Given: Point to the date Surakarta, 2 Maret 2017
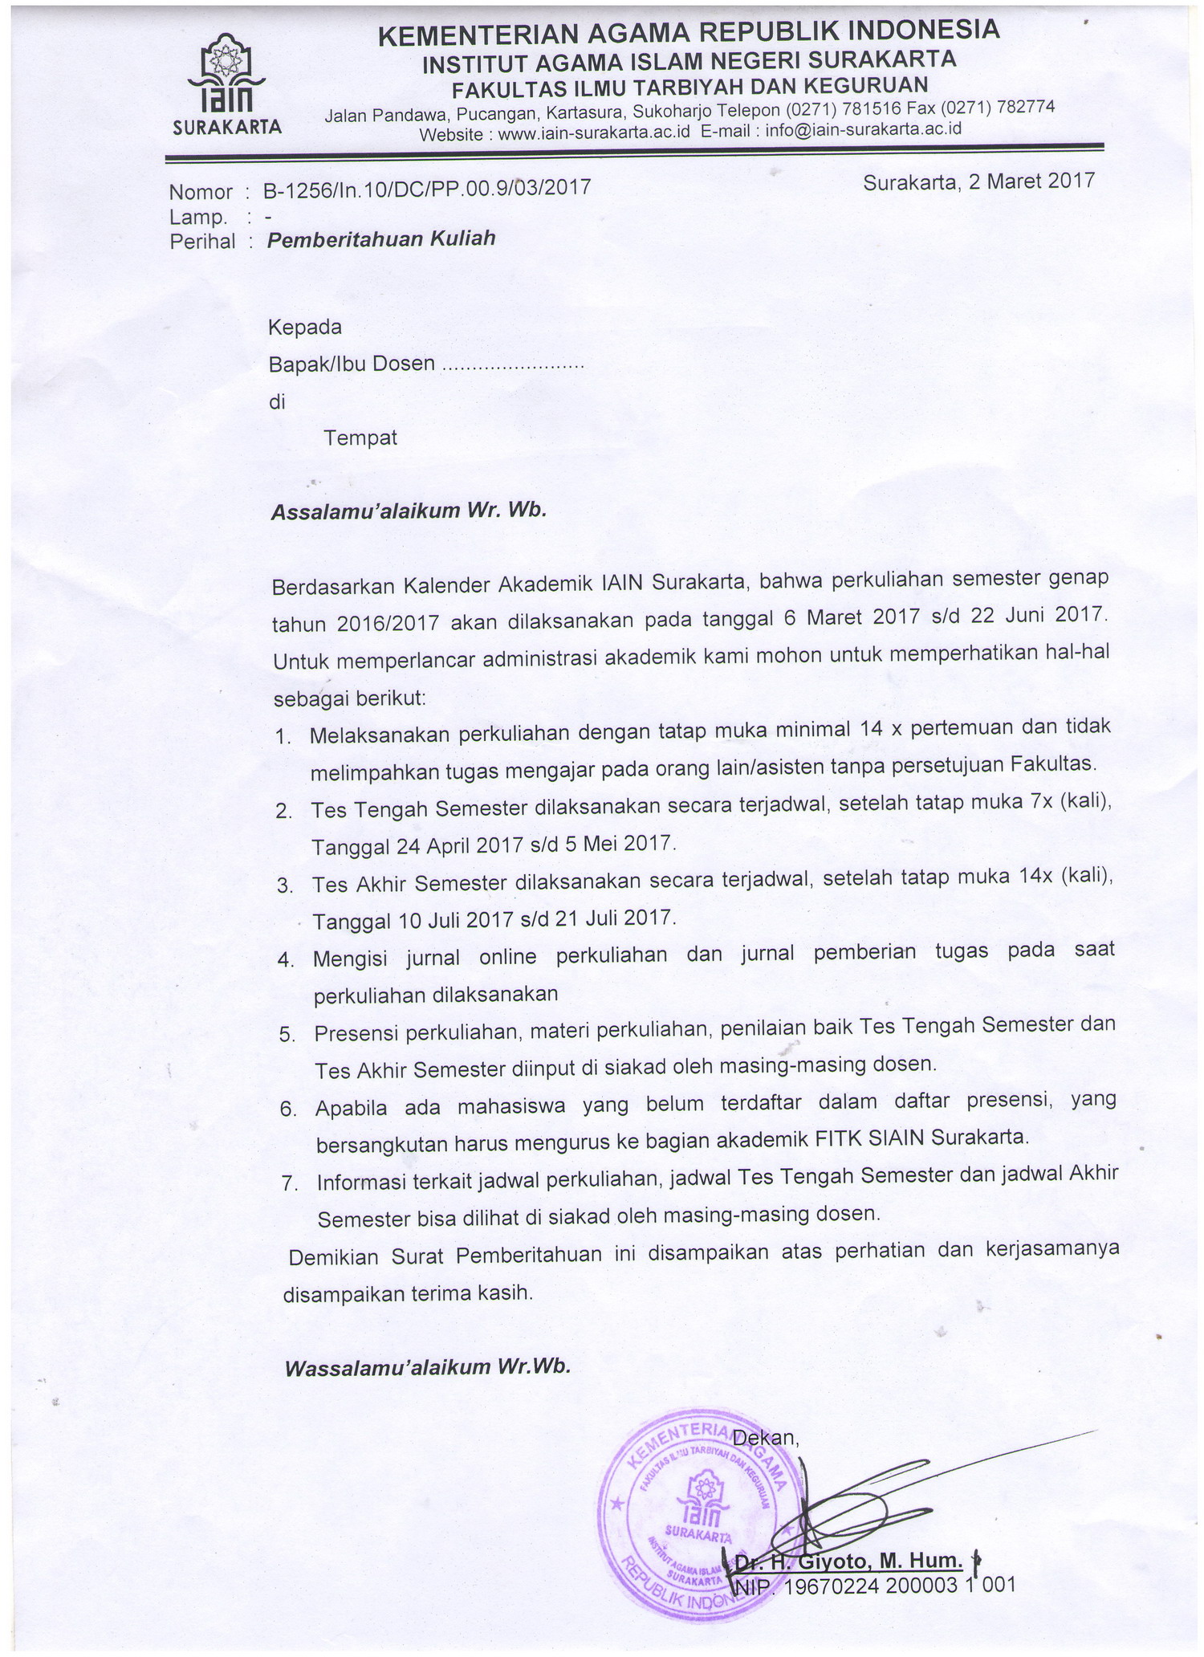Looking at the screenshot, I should pos(978,181).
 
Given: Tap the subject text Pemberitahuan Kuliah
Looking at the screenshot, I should pos(381,238).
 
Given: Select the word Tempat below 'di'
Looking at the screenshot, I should pos(360,438).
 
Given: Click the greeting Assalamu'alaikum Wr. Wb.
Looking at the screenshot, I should pos(409,511).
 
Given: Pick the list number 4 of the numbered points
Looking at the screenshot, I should pos(286,960).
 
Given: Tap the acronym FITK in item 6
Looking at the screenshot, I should pos(838,1138).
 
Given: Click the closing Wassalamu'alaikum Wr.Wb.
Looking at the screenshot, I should pos(427,1367).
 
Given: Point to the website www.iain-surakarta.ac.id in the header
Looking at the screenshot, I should pos(593,133).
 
